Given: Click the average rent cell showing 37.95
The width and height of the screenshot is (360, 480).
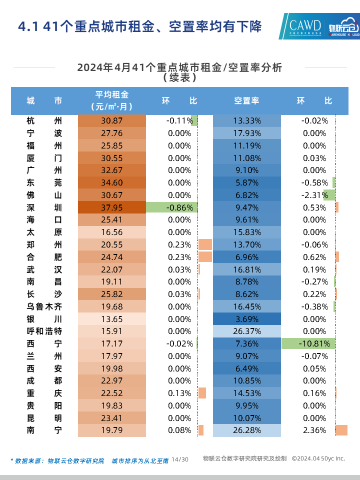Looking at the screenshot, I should [112, 207].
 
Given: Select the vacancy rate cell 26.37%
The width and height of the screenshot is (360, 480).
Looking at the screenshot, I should [247, 331].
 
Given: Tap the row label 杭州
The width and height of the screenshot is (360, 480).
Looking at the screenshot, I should [44, 120].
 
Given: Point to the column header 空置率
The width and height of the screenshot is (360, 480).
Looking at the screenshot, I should [247, 100].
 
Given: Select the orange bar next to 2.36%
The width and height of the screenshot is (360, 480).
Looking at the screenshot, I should [341, 430].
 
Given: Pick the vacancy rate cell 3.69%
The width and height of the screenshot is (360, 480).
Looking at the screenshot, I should [247, 319].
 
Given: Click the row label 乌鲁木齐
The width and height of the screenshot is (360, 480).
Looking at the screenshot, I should [44, 306].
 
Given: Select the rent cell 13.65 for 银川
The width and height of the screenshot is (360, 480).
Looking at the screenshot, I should [112, 319].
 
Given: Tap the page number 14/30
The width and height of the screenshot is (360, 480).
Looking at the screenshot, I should [180, 459].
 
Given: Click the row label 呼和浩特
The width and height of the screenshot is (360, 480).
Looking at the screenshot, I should [44, 331].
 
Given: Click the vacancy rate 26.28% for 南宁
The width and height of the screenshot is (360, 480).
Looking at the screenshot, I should [247, 430].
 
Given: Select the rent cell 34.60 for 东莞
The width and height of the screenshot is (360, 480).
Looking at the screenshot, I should [112, 182].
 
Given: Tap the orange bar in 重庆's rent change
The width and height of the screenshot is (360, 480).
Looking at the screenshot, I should [202, 393].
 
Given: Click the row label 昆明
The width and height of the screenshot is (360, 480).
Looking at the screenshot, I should [44, 418].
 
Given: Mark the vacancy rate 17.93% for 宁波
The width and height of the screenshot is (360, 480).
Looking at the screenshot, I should [247, 133].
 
